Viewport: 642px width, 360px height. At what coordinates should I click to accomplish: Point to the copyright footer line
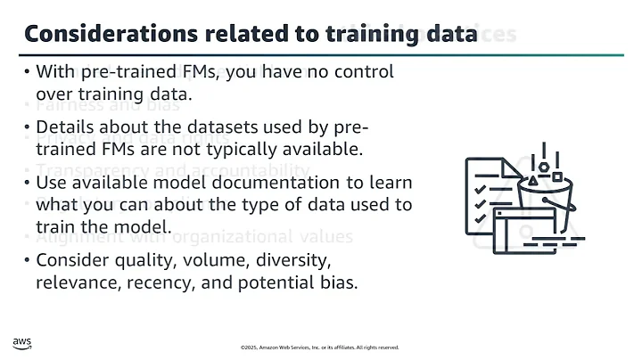pyautogui.click(x=320, y=348)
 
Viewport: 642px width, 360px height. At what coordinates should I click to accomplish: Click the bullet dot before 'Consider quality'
pyautogui.click(x=28, y=263)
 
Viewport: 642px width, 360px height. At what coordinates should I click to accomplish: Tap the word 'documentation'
pyautogui.click(x=281, y=184)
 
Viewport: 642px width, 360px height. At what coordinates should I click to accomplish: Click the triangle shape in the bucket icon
pyautogui.click(x=533, y=180)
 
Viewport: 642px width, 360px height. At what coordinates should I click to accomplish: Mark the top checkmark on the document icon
pyautogui.click(x=480, y=189)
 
